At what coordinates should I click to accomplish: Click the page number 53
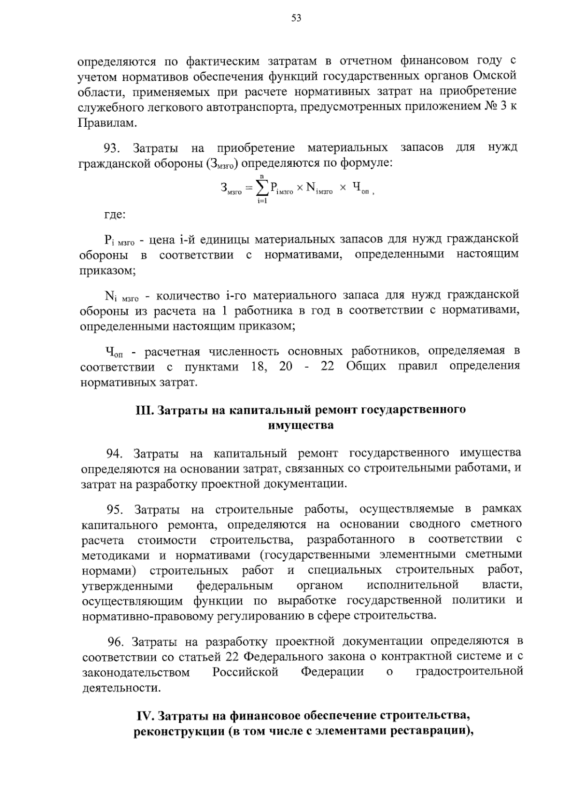[x=296, y=18]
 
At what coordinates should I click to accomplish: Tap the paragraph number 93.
[x=113, y=148]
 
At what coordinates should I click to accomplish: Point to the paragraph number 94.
[x=114, y=454]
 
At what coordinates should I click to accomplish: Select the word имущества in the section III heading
[x=301, y=426]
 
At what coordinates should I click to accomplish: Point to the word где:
[x=114, y=216]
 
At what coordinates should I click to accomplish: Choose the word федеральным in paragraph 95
[x=235, y=586]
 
